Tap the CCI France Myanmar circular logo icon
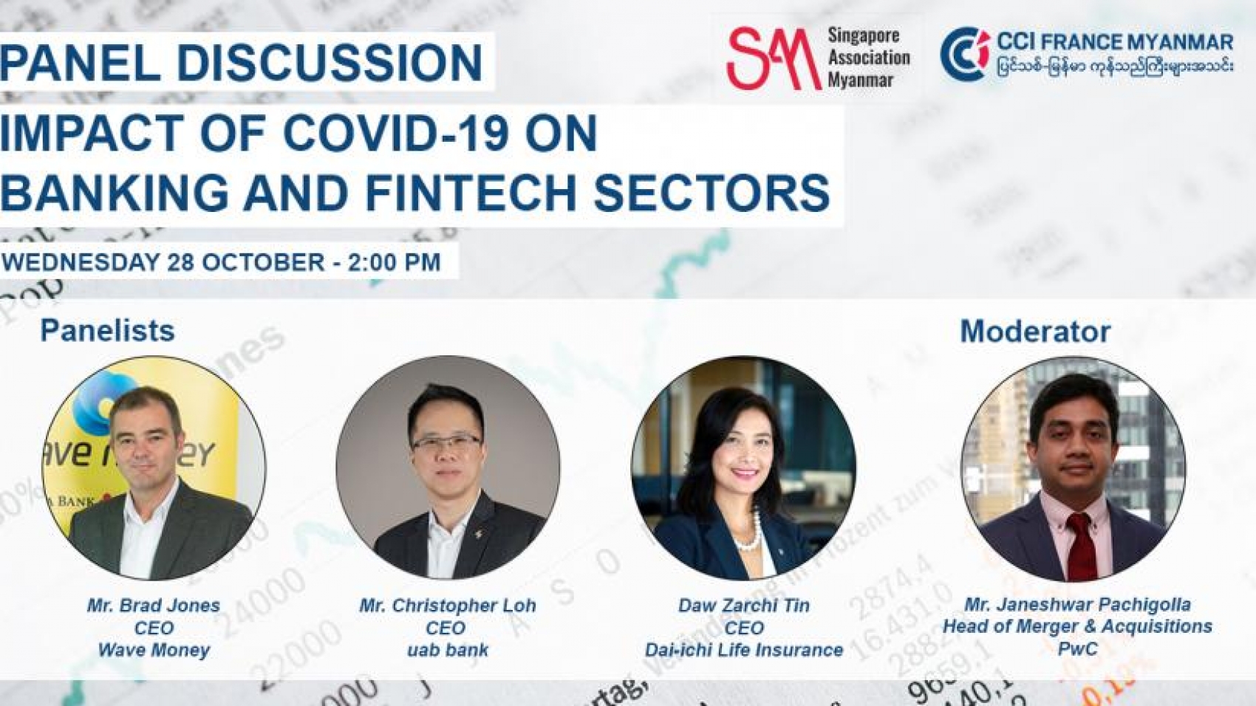964,54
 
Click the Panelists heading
107,330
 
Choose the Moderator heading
1034,332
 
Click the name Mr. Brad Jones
154,606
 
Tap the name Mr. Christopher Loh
447,606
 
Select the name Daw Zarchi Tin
744,606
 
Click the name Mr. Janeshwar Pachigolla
1077,605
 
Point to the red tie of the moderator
1081,546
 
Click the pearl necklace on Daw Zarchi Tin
749,535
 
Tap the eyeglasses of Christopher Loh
446,443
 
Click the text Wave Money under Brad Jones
154,651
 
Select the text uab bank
447,651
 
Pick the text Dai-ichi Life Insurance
744,651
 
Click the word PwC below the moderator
1077,649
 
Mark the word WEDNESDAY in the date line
81,262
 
